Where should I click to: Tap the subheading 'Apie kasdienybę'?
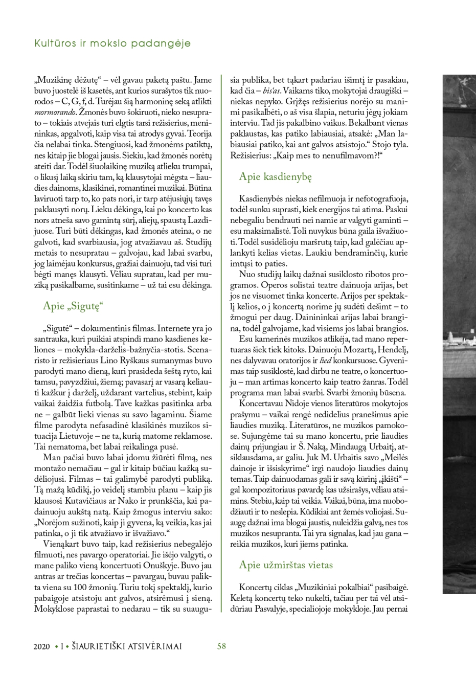pyautogui.click(x=276, y=176)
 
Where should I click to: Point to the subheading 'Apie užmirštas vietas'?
pyautogui.click(x=286, y=565)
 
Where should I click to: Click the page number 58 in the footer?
pyautogui.click(x=221, y=646)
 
